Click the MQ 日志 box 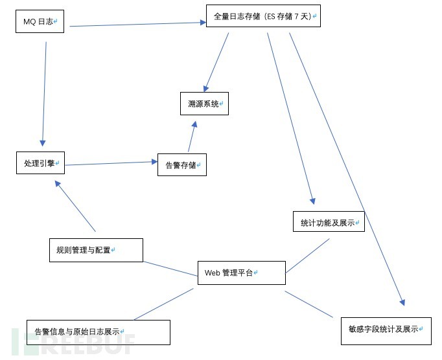tap(40, 21)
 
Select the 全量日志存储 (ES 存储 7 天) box tap(263, 16)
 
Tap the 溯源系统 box tap(204, 104)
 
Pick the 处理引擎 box tap(40, 163)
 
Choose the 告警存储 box tap(181, 164)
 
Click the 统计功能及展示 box tap(329, 222)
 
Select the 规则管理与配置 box tap(96, 250)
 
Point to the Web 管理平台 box tap(241, 273)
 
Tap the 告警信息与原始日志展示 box tap(99, 332)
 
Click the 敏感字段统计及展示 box tap(386, 330)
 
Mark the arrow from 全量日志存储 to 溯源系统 tap(217, 62)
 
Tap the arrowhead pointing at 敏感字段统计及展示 tap(402, 302)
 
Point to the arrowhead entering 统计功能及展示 tap(312, 201)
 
